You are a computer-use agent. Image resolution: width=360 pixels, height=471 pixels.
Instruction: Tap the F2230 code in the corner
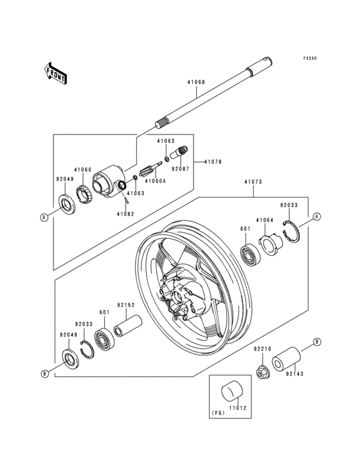(x=310, y=57)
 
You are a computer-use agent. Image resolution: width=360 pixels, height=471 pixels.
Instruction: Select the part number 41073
(x=253, y=182)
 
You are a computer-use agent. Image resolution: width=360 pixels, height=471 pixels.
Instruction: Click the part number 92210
(x=262, y=349)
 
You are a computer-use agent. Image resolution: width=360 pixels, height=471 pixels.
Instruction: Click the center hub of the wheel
(x=178, y=297)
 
